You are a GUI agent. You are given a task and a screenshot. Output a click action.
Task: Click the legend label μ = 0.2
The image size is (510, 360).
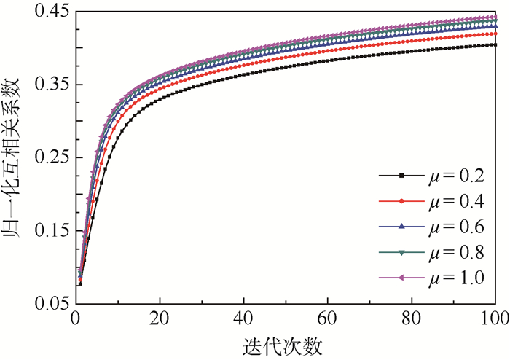tap(454, 176)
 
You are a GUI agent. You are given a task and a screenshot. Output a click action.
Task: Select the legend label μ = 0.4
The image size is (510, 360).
tap(454, 201)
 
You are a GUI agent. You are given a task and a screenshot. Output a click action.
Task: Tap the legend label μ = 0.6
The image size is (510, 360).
tap(454, 227)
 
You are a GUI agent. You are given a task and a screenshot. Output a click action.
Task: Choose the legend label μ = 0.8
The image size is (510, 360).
tap(454, 252)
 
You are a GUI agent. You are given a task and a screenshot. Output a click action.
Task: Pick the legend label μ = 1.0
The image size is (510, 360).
tap(454, 278)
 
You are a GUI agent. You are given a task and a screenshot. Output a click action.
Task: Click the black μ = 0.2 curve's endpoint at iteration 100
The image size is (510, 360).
tap(495, 45)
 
